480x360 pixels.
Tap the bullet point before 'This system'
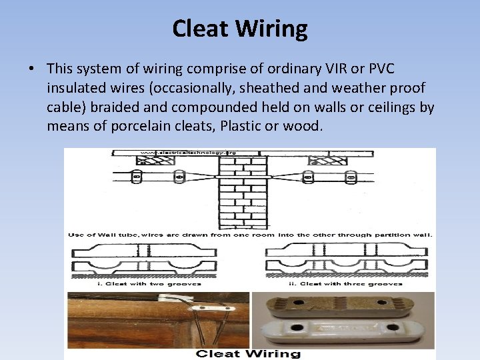click(31, 69)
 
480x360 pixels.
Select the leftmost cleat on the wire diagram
click(136, 177)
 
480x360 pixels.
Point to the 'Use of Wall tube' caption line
click(249, 235)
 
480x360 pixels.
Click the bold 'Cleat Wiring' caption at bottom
click(249, 354)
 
